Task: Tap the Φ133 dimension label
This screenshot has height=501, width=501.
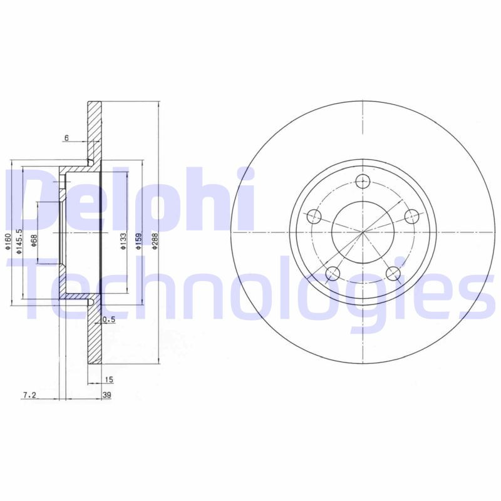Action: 123,242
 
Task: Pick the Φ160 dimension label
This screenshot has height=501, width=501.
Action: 8,242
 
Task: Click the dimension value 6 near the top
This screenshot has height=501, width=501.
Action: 66,137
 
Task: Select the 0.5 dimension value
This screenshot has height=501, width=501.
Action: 109,320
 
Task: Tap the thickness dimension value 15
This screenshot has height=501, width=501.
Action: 109,380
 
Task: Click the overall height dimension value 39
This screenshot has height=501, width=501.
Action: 107,395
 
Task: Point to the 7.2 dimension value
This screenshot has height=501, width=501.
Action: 29,395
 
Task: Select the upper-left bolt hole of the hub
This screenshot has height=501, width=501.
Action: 314,217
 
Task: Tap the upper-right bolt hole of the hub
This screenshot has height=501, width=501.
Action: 411,217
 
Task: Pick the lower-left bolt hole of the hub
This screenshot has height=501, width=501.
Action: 333,274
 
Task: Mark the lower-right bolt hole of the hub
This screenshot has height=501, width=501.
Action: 393,274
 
